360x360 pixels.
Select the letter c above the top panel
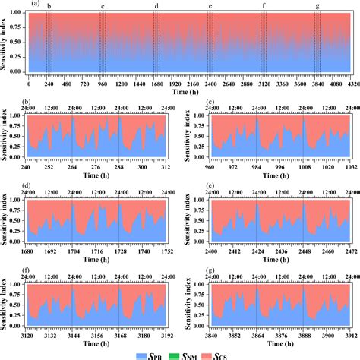pos(103,6)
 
